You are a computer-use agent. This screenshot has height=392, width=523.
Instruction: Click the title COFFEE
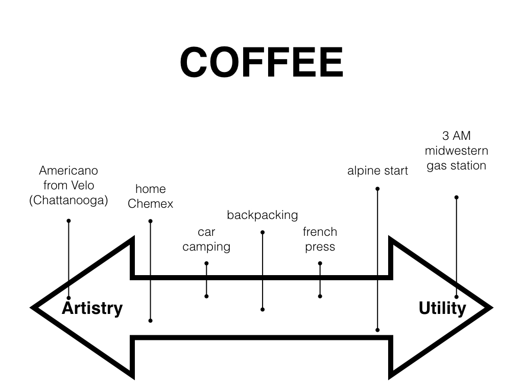click(x=261, y=62)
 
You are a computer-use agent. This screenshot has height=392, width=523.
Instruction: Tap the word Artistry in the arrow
click(x=92, y=308)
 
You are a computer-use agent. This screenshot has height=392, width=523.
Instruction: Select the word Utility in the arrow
click(x=442, y=308)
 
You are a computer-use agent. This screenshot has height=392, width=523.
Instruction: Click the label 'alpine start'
click(x=377, y=170)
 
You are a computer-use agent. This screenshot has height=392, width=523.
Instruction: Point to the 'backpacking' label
click(x=262, y=215)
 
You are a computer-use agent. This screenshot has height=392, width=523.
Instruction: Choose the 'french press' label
click(x=320, y=239)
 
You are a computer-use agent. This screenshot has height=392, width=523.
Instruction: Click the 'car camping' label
click(x=206, y=239)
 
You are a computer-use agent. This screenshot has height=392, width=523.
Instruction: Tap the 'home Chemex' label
click(x=150, y=197)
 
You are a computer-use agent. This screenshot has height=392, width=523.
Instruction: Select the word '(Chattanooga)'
click(x=68, y=200)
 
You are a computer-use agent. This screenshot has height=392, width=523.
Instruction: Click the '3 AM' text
click(x=456, y=136)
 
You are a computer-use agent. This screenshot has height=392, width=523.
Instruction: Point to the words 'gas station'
click(x=456, y=165)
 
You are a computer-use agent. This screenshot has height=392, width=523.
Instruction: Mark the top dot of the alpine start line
click(x=377, y=189)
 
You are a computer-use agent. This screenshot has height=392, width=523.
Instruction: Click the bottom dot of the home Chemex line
click(x=150, y=321)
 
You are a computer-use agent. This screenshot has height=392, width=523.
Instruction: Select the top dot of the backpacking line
click(x=263, y=232)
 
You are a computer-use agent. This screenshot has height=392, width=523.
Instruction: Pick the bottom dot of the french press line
click(x=320, y=296)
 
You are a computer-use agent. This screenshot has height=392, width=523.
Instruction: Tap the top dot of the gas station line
click(x=456, y=197)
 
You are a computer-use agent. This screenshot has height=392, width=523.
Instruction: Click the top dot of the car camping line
click(x=206, y=263)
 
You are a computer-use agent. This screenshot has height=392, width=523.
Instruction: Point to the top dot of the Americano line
click(x=68, y=221)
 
